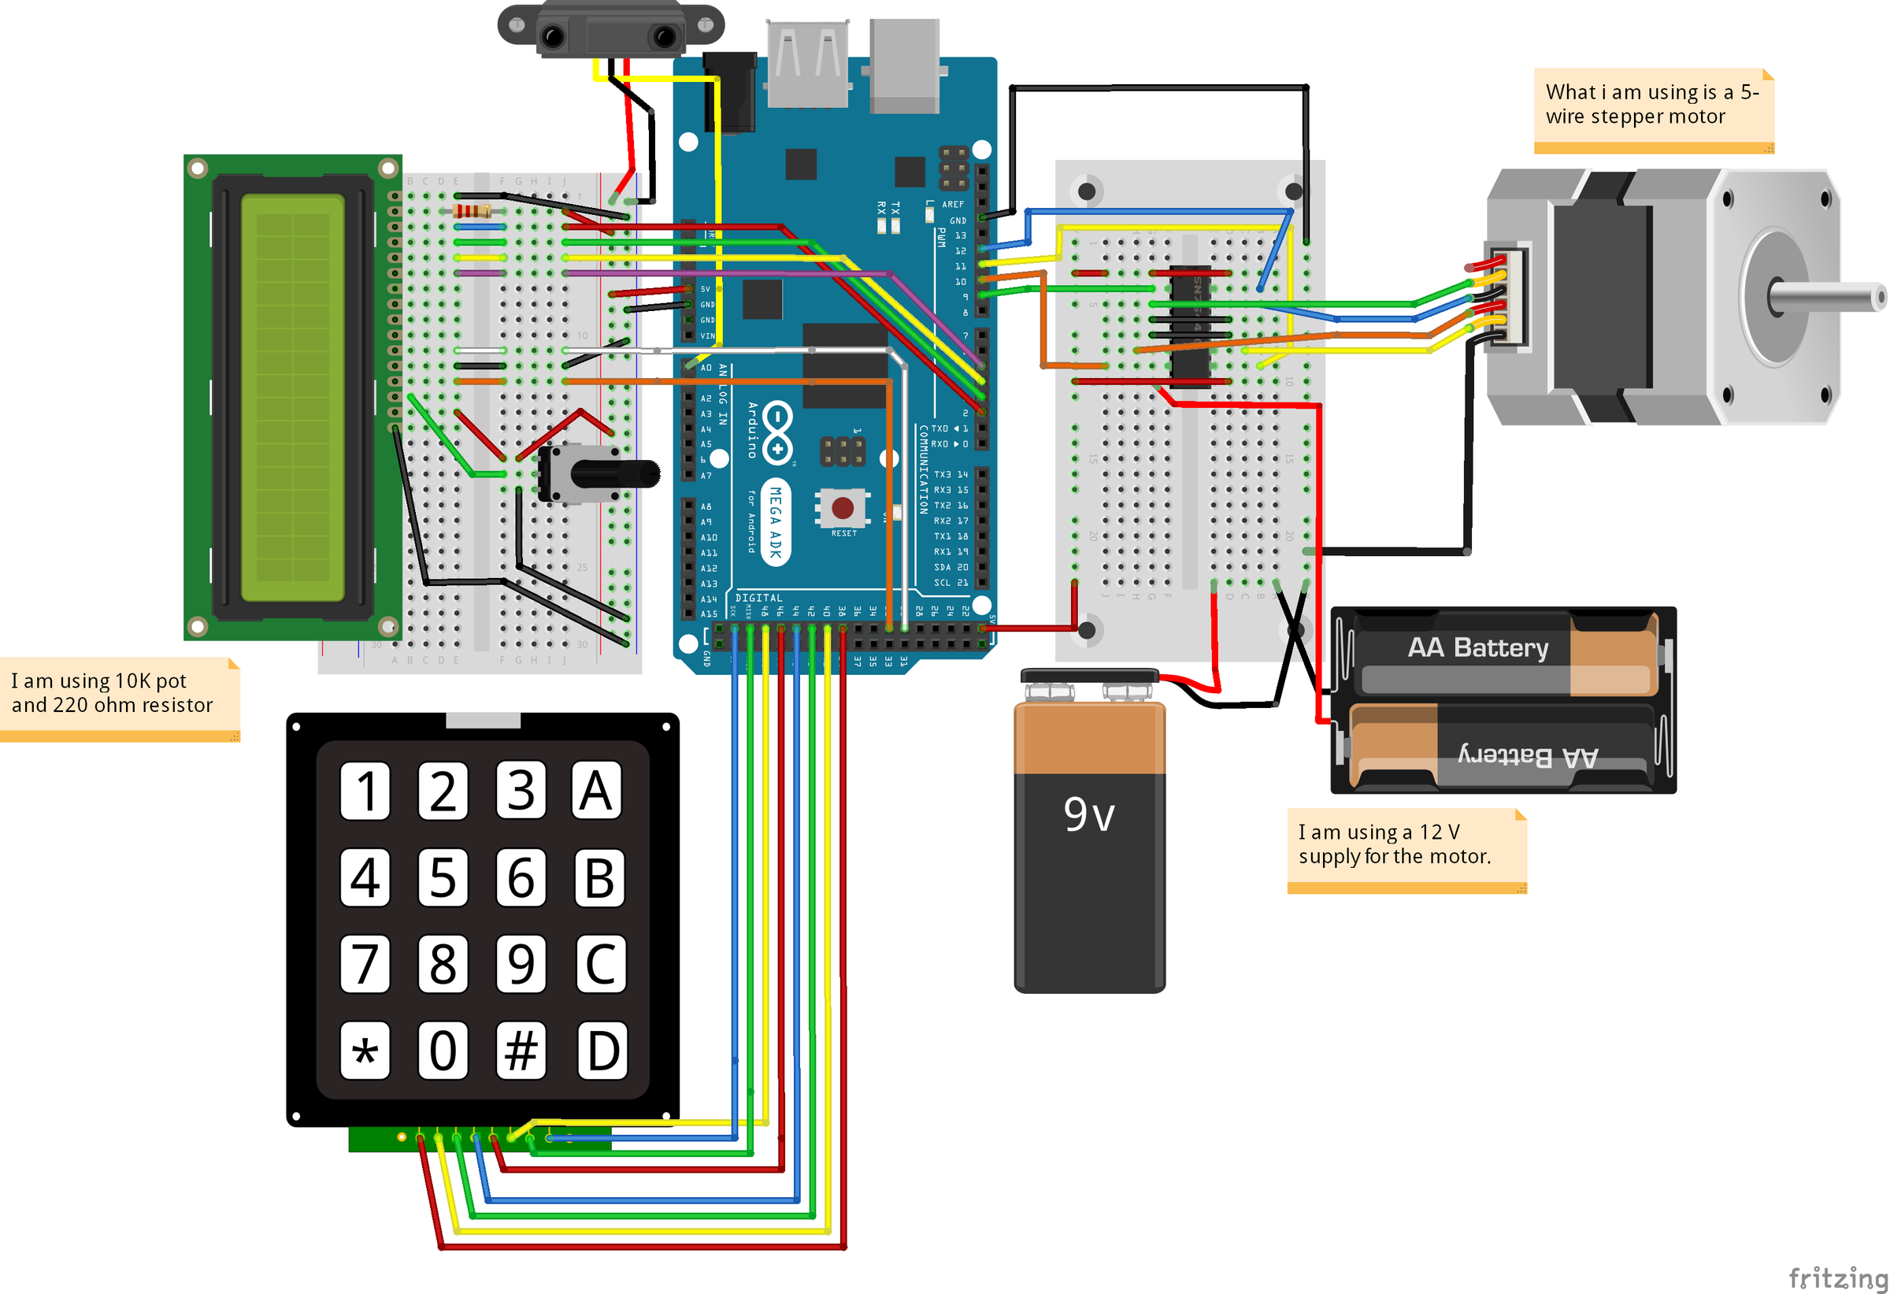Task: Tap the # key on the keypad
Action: click(521, 1050)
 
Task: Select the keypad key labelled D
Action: click(602, 1050)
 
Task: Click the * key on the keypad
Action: click(365, 1050)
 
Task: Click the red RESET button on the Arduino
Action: click(843, 508)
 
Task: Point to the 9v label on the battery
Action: click(1089, 814)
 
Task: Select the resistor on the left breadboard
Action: click(472, 211)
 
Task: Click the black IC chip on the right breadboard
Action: click(1190, 321)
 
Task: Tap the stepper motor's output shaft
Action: click(1830, 298)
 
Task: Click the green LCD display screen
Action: click(293, 398)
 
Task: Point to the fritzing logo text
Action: click(1838, 1277)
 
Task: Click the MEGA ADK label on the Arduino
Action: click(776, 521)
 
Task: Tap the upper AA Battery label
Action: click(1477, 648)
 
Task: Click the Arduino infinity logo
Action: click(778, 431)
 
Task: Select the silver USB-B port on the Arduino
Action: click(904, 65)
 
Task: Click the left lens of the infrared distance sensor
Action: click(553, 36)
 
